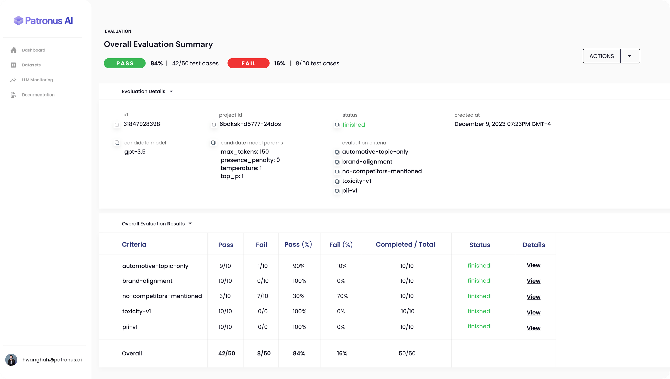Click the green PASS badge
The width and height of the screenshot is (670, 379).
click(x=125, y=63)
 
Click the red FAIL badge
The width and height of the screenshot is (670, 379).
click(x=248, y=63)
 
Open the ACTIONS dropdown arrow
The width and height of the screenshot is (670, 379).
click(x=630, y=56)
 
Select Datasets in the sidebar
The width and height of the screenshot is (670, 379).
click(x=31, y=65)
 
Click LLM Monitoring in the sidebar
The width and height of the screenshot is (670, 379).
click(x=37, y=80)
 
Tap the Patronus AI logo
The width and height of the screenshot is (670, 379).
click(x=43, y=21)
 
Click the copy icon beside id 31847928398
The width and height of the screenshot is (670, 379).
click(x=117, y=125)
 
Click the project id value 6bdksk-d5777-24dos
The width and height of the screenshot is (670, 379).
click(x=250, y=124)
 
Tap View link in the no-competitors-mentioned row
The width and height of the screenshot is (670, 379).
click(x=533, y=297)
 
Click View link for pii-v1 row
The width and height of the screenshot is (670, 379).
click(x=533, y=328)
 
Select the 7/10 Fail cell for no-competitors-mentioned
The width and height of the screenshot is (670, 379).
click(x=263, y=296)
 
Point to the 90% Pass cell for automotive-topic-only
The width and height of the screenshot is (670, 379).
click(x=298, y=266)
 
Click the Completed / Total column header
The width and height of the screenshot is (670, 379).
click(x=405, y=245)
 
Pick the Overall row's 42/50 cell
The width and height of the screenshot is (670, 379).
click(x=227, y=353)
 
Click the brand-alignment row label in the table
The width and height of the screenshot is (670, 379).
click(x=147, y=281)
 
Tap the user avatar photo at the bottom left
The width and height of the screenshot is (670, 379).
click(x=11, y=360)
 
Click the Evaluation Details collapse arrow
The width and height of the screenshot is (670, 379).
click(x=171, y=92)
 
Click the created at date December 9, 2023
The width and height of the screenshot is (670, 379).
click(x=502, y=124)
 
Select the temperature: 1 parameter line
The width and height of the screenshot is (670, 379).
click(x=241, y=168)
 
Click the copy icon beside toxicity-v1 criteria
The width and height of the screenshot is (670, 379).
click(x=337, y=182)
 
